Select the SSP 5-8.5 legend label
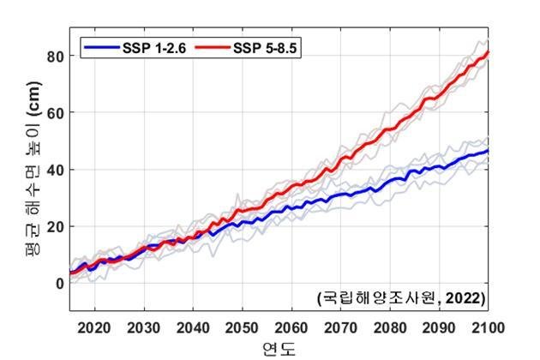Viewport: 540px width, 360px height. [265, 45]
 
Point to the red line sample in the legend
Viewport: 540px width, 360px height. [213, 45]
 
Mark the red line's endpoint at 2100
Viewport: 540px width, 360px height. [489, 51]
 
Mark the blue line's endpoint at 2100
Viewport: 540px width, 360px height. [489, 151]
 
